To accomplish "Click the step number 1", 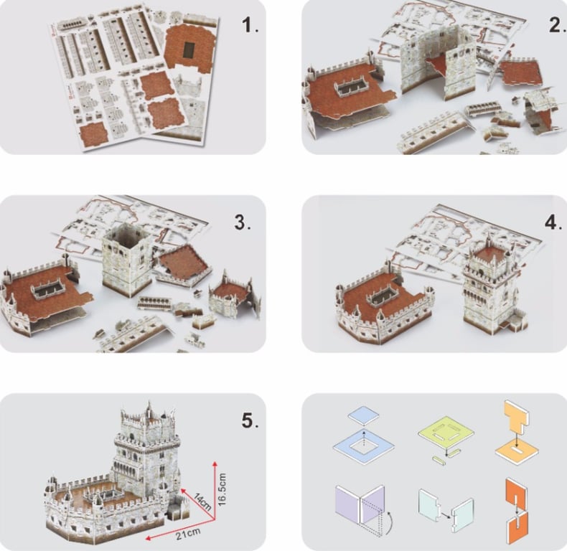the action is click(250, 25).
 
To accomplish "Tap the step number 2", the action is click(557, 24).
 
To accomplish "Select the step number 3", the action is click(243, 222).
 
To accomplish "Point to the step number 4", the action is click(553, 222).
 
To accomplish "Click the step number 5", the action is click(250, 420).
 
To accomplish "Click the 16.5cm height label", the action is click(222, 489).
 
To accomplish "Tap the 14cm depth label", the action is click(202, 501).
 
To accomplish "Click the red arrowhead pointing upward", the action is click(215, 464).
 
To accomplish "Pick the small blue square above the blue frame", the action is click(364, 415).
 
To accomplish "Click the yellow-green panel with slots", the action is click(446, 433).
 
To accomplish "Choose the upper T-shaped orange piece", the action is click(516, 417).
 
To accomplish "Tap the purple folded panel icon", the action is click(360, 504).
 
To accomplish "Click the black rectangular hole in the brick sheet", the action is click(188, 50).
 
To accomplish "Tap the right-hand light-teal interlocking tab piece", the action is click(462, 515).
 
